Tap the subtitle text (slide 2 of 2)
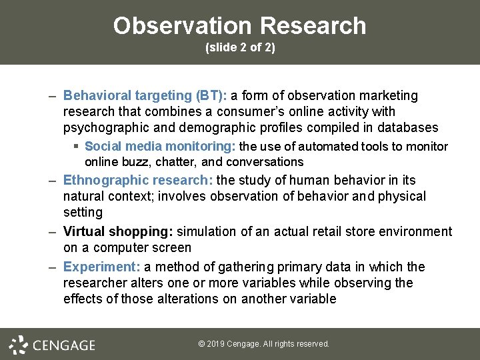[240, 49]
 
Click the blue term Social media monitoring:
[160, 147]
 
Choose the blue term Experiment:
[101, 267]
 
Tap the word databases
[407, 128]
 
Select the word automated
[328, 147]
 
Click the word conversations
[265, 162]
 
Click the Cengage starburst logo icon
[18, 345]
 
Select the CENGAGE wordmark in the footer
[64, 345]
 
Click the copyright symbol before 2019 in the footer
[202, 345]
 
